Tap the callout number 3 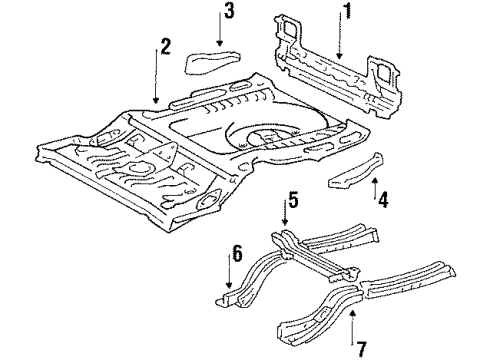click(229, 12)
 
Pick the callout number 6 click(237, 255)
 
